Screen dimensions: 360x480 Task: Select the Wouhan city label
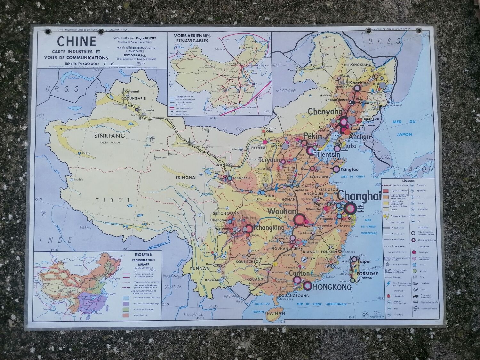[282, 212]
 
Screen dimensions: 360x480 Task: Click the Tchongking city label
[269, 228]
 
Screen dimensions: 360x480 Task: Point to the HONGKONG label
[332, 287]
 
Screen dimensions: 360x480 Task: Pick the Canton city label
[299, 274]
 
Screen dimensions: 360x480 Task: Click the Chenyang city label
[325, 112]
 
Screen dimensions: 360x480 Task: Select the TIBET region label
[109, 200]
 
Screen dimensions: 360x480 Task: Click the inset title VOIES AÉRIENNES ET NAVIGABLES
[191, 38]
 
